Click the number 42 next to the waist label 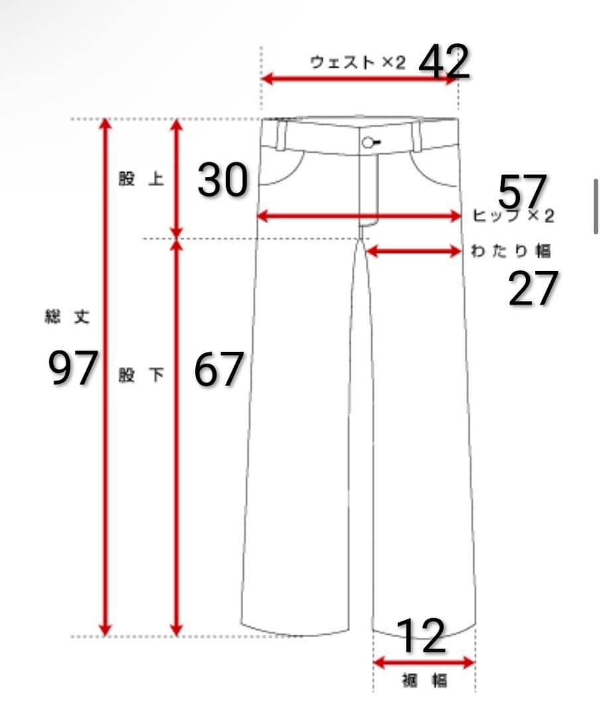click(444, 62)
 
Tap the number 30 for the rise click(223, 180)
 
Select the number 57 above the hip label click(522, 191)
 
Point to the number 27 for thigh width click(533, 288)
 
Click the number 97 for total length click(73, 367)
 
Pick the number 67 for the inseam click(218, 369)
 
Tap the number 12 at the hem click(421, 635)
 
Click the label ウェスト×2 click(358, 62)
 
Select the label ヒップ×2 click(513, 215)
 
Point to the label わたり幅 click(511, 251)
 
